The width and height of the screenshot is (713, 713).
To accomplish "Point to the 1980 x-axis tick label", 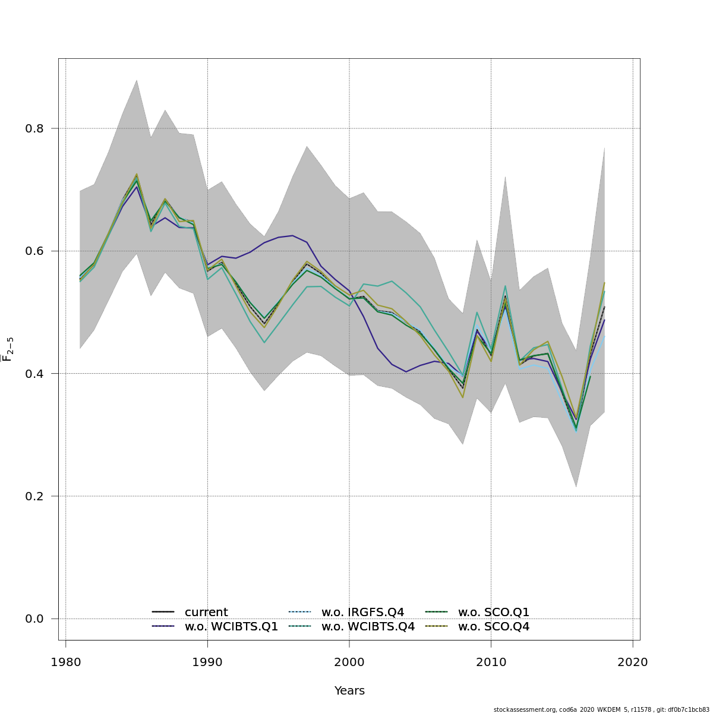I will pyautogui.click(x=65, y=662).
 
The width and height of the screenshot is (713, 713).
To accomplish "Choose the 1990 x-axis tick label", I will pyautogui.click(x=207, y=662).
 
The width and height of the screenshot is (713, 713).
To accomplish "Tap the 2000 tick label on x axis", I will pyautogui.click(x=349, y=662).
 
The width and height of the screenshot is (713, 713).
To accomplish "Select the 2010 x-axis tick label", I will pyautogui.click(x=491, y=662).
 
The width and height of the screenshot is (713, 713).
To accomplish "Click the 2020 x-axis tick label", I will pyautogui.click(x=633, y=662).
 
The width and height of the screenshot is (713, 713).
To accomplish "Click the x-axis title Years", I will pyautogui.click(x=349, y=691).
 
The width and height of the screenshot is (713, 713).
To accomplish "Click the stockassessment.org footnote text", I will pyautogui.click(x=601, y=709).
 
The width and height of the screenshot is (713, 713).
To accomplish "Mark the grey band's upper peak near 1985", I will pyautogui.click(x=137, y=80).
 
